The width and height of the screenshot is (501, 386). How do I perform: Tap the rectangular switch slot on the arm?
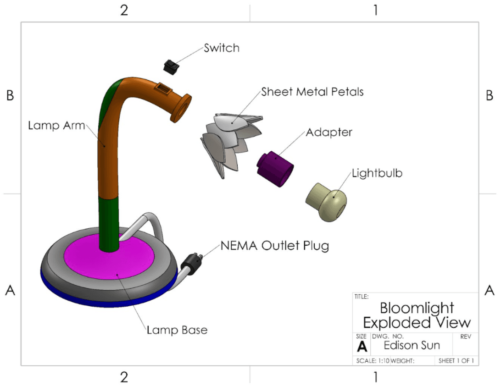point(162,87)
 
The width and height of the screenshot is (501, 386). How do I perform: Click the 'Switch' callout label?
point(221,48)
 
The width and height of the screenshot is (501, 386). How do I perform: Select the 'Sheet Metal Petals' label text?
point(312,92)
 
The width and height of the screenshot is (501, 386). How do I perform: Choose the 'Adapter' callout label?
point(328,132)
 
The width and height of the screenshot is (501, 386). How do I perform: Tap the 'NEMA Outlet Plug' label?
point(275,246)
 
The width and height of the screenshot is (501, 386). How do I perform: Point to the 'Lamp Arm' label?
point(56,126)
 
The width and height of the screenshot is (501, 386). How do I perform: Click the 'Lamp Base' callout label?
point(177,330)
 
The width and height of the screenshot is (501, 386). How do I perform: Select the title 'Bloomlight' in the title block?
point(417,308)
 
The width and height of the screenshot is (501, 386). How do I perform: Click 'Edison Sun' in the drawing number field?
point(411,345)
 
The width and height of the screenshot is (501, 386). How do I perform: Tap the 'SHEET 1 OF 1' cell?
point(456,361)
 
